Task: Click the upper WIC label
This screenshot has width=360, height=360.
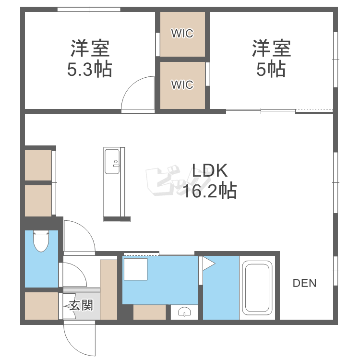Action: tap(182, 34)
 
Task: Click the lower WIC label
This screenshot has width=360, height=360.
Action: tap(182, 84)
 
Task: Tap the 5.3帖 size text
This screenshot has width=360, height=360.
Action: tap(90, 69)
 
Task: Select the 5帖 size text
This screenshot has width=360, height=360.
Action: tap(271, 69)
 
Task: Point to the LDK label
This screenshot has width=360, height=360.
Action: tap(210, 170)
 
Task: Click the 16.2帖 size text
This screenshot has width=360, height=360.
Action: tap(210, 191)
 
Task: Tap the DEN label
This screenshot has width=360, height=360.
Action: tap(304, 283)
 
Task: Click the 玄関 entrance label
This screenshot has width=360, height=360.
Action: tap(81, 305)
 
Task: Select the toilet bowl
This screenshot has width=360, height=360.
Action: tap(41, 241)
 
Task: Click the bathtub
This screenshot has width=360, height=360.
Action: tap(257, 288)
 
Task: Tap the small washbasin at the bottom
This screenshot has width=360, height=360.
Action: tap(184, 312)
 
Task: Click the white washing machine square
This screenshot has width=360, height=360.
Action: tap(135, 269)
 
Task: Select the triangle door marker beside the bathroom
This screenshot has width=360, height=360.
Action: tap(208, 264)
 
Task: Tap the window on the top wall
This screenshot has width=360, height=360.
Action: tap(89, 10)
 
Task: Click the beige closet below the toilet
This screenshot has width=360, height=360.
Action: tap(41, 306)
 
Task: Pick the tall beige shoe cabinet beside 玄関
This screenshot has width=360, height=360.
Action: tap(108, 289)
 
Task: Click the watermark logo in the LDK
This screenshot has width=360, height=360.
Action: tap(178, 181)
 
